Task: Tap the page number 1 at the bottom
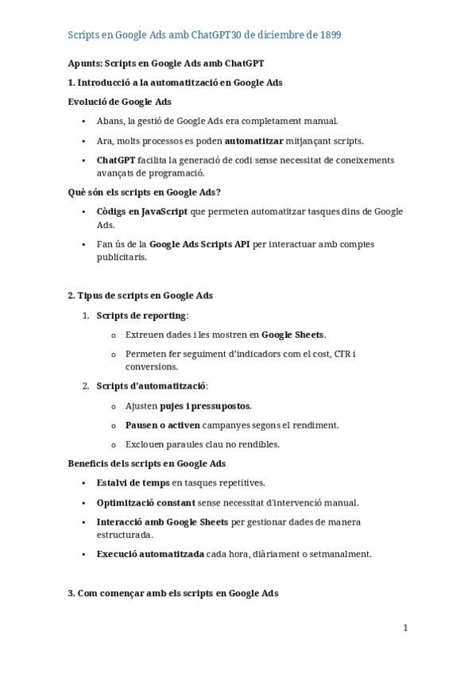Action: [405, 628]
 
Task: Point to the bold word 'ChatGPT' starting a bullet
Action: [115, 160]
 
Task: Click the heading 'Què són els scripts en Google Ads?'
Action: [144, 192]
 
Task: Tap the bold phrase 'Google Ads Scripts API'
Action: [199, 244]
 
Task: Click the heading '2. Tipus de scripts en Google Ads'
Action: [140, 296]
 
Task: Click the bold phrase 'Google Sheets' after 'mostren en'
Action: [293, 335]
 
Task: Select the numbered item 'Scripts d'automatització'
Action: [151, 386]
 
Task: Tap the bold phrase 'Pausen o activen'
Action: [163, 425]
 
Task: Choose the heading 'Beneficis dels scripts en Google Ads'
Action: [146, 463]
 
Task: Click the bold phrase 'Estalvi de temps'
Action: [134, 482]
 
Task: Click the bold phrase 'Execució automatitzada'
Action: [150, 554]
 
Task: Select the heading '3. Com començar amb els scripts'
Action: [172, 593]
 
